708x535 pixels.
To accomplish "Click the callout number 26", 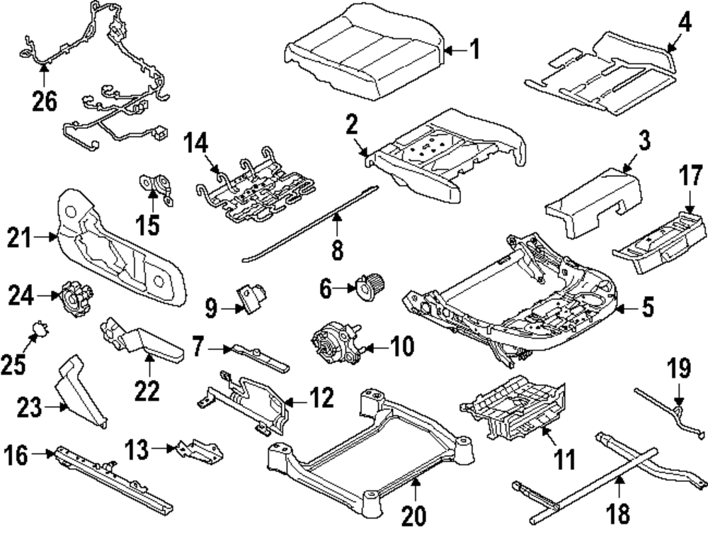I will click(x=44, y=102).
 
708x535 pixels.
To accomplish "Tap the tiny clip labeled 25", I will click(x=41, y=330).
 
